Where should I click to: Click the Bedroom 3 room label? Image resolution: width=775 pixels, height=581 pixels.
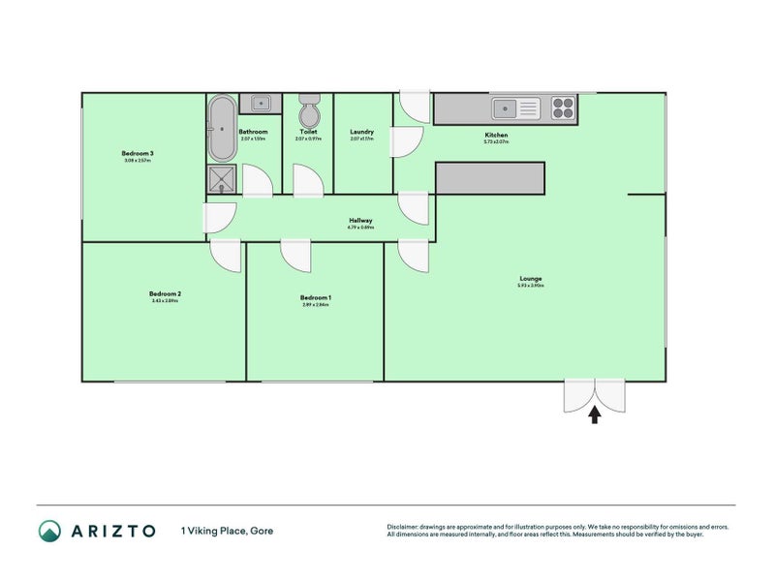(138, 153)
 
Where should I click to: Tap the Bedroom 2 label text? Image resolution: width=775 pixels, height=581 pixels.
(165, 293)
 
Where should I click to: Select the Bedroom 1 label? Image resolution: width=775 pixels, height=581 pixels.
(316, 297)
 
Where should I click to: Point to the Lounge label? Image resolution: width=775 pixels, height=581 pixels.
(530, 279)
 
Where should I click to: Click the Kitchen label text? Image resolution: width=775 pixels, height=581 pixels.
(496, 135)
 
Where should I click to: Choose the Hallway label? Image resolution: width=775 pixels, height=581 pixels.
(360, 220)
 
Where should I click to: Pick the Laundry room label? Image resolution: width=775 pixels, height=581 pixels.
(362, 132)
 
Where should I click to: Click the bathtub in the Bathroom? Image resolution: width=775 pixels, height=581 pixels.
(221, 128)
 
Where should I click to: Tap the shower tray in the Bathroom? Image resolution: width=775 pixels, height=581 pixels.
(221, 179)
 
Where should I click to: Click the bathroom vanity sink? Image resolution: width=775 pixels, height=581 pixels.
(261, 103)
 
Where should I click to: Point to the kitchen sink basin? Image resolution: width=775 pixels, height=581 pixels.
(507, 108)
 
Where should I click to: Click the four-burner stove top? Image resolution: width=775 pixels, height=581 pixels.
(563, 107)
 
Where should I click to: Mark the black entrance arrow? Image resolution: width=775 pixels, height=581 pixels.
(595, 414)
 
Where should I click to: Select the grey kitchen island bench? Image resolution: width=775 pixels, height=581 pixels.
(490, 177)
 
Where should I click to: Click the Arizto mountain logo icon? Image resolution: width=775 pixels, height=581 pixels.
(49, 531)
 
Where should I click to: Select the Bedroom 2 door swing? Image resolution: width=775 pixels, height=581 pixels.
(225, 256)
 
